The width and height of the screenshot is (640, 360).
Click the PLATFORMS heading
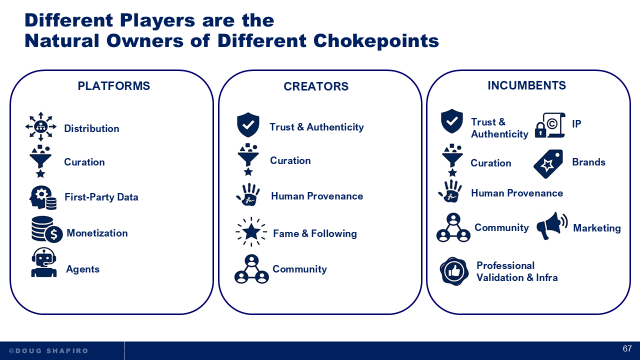click(113, 86)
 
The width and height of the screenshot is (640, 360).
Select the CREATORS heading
click(316, 86)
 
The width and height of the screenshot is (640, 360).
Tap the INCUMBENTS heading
click(526, 85)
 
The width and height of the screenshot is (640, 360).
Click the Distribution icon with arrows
click(41, 126)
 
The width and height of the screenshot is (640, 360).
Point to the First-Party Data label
click(101, 197)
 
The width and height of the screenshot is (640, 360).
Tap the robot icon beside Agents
click(44, 263)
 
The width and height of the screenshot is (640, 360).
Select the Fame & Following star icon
click(250, 231)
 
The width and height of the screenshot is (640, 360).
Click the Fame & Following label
click(314, 233)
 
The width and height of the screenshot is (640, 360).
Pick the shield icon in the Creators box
click(248, 125)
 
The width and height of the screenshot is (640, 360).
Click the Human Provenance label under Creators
click(317, 196)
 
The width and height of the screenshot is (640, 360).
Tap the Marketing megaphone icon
click(551, 226)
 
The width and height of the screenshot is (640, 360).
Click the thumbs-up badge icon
click(454, 271)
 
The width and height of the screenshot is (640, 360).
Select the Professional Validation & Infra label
click(517, 271)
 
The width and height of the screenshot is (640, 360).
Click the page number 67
click(627, 349)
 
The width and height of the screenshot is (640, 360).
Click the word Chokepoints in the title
click(377, 40)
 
